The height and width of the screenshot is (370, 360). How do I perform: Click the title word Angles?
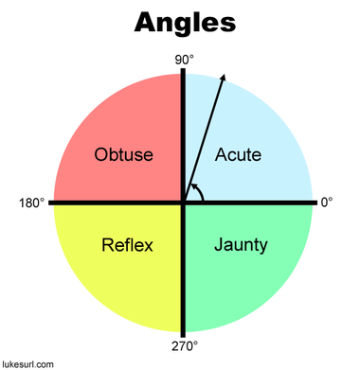click(184, 23)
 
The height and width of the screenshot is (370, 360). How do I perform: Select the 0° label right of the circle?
click(327, 203)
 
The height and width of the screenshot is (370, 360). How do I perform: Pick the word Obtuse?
click(123, 153)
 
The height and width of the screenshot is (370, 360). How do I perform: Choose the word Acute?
click(238, 153)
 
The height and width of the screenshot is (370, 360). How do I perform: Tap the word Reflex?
click(127, 246)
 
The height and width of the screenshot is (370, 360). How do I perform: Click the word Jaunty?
click(241, 246)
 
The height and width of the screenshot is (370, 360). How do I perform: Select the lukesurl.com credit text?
click(27, 362)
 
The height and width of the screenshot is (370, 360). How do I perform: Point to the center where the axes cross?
click(184, 203)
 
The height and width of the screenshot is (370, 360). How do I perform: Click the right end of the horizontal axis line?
click(314, 203)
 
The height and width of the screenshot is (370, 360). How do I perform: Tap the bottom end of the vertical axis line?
click(184, 332)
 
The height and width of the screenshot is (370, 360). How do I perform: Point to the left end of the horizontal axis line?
click(51, 203)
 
